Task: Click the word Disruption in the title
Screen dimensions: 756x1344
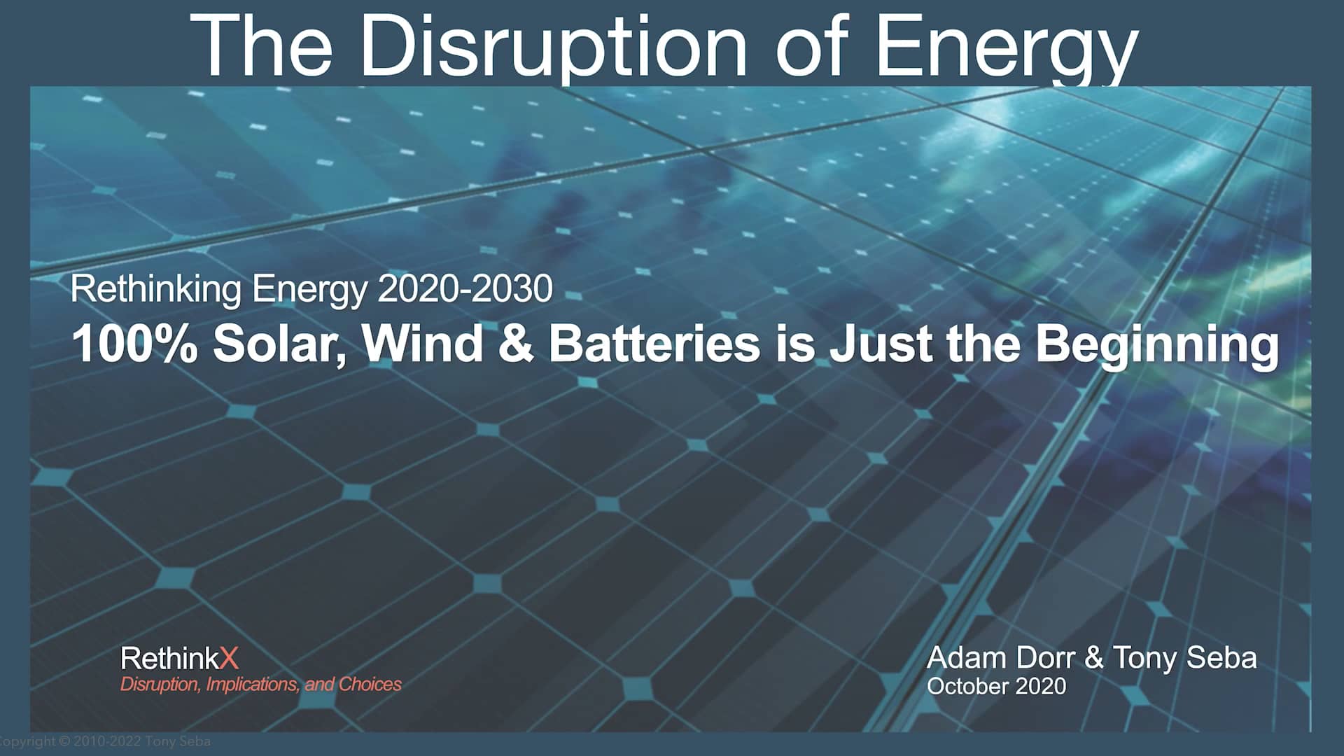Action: pos(553,45)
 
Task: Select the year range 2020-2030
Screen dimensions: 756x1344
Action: pos(465,289)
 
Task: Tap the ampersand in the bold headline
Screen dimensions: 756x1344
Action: pos(516,344)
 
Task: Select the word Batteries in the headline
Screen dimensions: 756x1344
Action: pos(654,344)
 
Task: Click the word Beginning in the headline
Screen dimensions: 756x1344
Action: pos(1157,345)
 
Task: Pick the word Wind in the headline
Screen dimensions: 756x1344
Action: pos(423,344)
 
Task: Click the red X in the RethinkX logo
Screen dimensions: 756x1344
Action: pos(229,659)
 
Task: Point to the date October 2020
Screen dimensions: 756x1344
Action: pos(996,686)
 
